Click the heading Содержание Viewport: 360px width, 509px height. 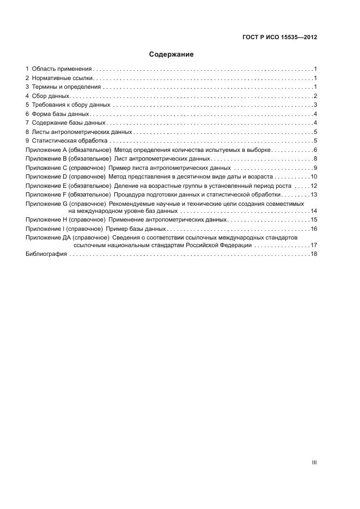tap(171, 54)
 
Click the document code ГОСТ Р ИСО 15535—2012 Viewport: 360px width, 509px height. tap(279, 38)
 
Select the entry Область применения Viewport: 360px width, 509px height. tap(62, 69)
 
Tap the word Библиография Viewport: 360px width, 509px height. tap(46, 254)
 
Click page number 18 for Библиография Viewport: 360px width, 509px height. tap(314, 254)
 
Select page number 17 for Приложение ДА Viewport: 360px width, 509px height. tap(314, 246)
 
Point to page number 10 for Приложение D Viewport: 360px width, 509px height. tap(314, 176)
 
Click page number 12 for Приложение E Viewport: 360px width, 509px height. tap(314, 186)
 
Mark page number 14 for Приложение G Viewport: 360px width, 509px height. tap(314, 211)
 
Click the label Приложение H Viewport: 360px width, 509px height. tap(46, 219)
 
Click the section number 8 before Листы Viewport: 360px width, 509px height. tap(27, 132)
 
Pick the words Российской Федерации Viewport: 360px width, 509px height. tap(221, 246)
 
